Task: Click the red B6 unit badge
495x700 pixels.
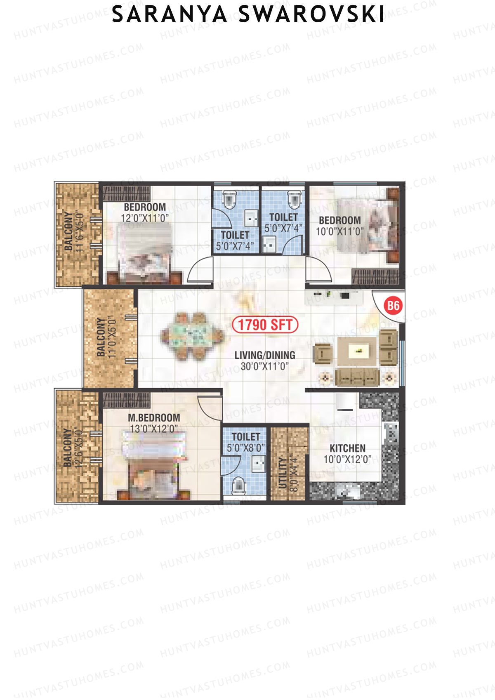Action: click(393, 306)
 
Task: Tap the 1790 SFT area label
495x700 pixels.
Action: click(265, 325)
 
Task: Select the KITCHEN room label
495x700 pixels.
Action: click(347, 448)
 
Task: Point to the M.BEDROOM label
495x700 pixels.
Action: click(154, 418)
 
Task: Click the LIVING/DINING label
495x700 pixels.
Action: click(265, 355)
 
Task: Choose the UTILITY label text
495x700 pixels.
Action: click(283, 473)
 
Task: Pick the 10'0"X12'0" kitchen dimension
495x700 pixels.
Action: click(347, 459)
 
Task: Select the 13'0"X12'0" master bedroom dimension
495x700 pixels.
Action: click(154, 429)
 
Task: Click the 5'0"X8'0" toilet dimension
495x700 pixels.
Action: click(246, 448)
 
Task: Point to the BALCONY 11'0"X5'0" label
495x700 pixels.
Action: click(105, 337)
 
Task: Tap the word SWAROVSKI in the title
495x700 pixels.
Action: click(311, 15)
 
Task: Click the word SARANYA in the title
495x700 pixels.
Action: click(170, 15)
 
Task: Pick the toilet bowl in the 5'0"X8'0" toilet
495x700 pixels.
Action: click(238, 486)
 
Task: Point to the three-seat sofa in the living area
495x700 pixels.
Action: click(357, 377)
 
